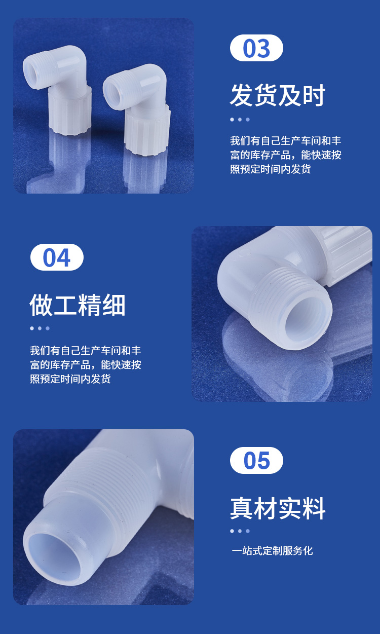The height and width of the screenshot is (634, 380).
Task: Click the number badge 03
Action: (256, 48)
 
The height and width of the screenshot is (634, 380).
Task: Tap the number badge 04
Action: (57, 257)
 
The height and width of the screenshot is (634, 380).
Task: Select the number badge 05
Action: (256, 461)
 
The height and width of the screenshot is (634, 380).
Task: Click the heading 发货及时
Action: (278, 95)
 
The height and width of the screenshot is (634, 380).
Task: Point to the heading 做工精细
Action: (78, 305)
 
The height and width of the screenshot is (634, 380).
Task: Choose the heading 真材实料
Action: (278, 508)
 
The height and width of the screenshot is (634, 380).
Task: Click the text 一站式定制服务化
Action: (272, 550)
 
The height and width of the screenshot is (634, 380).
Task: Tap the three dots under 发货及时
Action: (240, 120)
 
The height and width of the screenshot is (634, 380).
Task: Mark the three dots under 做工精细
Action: (40, 328)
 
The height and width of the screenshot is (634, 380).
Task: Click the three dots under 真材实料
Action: (240, 531)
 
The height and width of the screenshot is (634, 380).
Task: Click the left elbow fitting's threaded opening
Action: (32, 73)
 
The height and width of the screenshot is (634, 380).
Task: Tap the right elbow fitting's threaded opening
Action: (112, 90)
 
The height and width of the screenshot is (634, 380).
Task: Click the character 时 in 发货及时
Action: (314, 95)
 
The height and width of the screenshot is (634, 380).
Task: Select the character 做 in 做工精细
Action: (42, 305)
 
